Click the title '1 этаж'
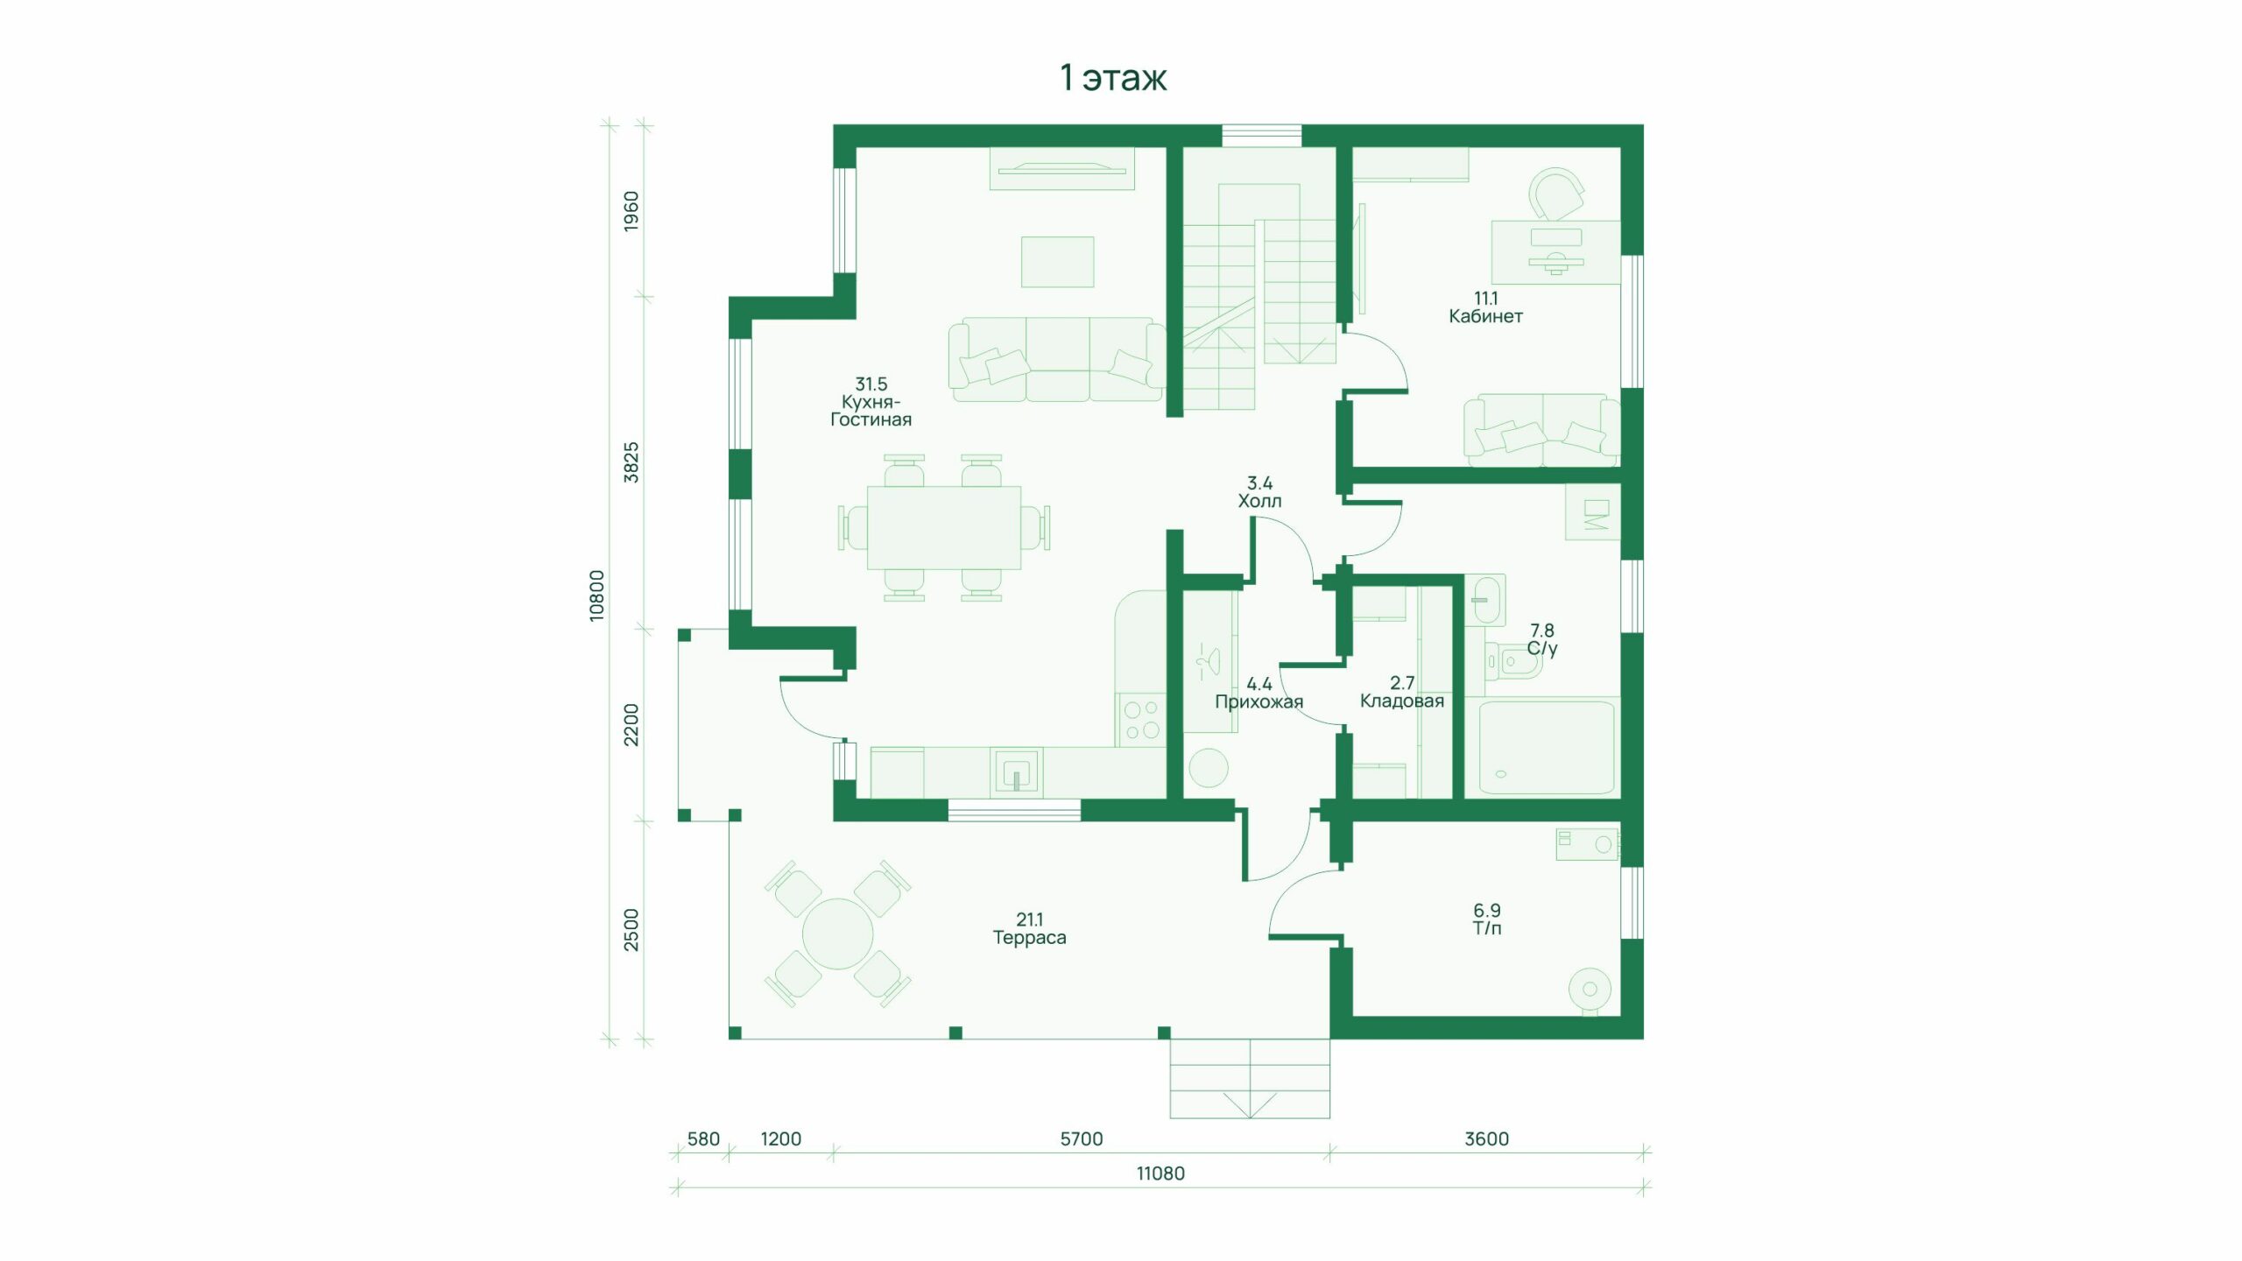coord(1113,78)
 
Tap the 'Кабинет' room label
coord(1485,316)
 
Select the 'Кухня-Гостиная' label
coord(871,411)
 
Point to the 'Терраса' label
coord(1029,937)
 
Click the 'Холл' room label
coord(1259,501)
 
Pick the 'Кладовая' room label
coord(1401,701)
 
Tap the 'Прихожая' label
coord(1258,701)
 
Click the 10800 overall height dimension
coord(596,595)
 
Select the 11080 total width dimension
coord(1160,1173)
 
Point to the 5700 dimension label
coord(1081,1139)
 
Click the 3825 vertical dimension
coord(631,462)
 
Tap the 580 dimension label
coord(703,1139)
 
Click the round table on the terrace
coord(837,933)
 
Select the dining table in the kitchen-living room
coord(944,528)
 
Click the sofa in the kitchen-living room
coord(1057,359)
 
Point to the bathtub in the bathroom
coord(1546,747)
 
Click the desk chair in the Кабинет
coord(1556,194)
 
